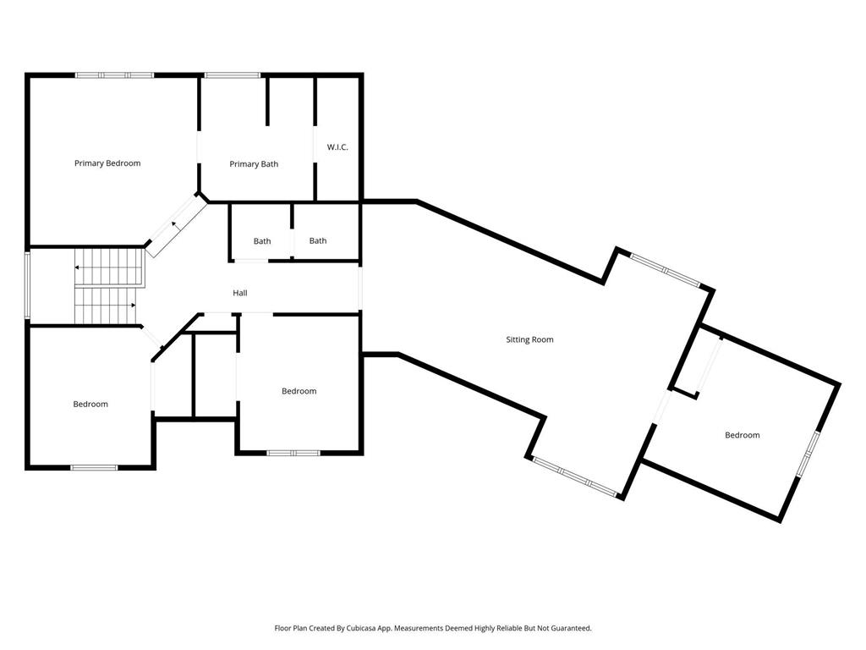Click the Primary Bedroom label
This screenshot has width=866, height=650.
tap(107, 163)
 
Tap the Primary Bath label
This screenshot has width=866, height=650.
tap(254, 164)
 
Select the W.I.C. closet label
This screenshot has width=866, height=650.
tap(337, 147)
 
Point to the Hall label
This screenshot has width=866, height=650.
tap(240, 293)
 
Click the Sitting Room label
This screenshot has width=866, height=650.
tap(529, 339)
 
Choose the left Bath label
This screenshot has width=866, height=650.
tap(262, 241)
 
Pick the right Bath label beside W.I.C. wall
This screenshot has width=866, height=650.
tap(318, 240)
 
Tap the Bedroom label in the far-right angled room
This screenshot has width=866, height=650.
tap(742, 435)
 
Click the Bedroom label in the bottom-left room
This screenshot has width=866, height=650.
tap(90, 404)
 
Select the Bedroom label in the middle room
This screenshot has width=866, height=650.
tap(299, 391)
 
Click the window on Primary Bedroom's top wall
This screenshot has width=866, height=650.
tap(115, 75)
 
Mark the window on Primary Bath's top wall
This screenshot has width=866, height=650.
tap(233, 75)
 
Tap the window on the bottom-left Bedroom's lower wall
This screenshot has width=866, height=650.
tap(94, 466)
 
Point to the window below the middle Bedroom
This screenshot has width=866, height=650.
tap(293, 453)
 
